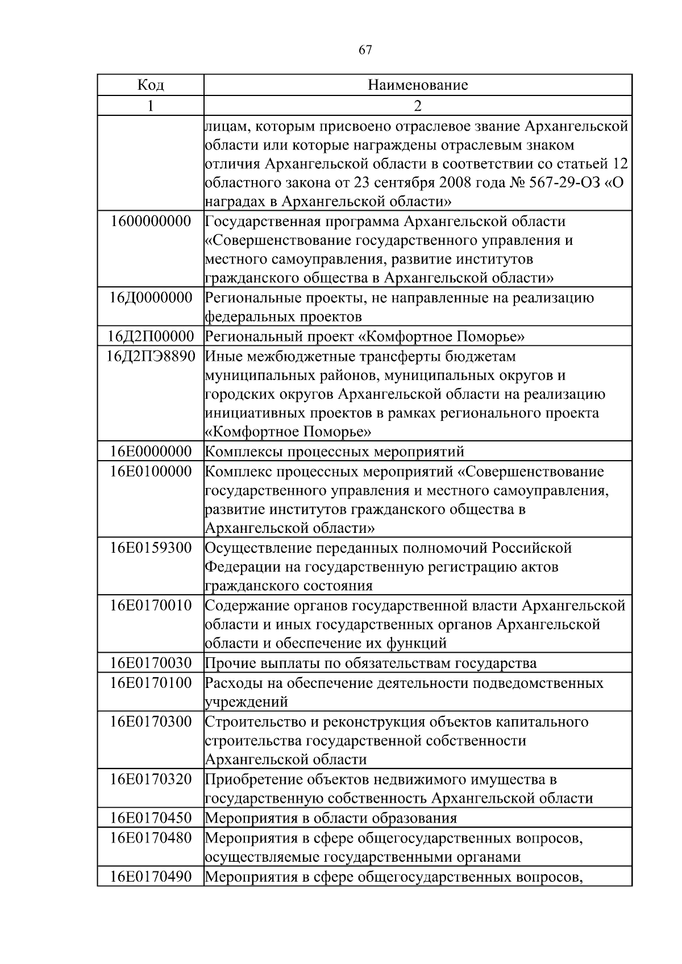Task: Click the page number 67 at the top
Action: pyautogui.click(x=365, y=50)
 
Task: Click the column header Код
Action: pyautogui.click(x=151, y=85)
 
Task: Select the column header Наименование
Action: pyautogui.click(x=418, y=85)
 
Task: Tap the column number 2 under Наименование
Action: pyautogui.click(x=418, y=106)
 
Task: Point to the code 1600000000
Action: pyautogui.click(x=151, y=221)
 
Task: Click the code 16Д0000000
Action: pyautogui.click(x=151, y=298)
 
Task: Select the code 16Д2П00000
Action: pyautogui.click(x=151, y=336)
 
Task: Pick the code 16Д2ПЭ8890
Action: pyautogui.click(x=151, y=356)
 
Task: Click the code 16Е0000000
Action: pyautogui.click(x=151, y=452)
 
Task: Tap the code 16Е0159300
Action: pyautogui.click(x=151, y=548)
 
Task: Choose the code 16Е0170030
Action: pyautogui.click(x=151, y=663)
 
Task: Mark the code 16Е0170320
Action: pyautogui.click(x=151, y=779)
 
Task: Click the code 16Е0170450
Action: pyautogui.click(x=151, y=818)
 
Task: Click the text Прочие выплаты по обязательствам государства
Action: pyautogui.click(x=370, y=663)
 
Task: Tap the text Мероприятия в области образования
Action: pyautogui.click(x=330, y=818)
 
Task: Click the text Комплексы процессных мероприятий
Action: pyautogui.click(x=334, y=452)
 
